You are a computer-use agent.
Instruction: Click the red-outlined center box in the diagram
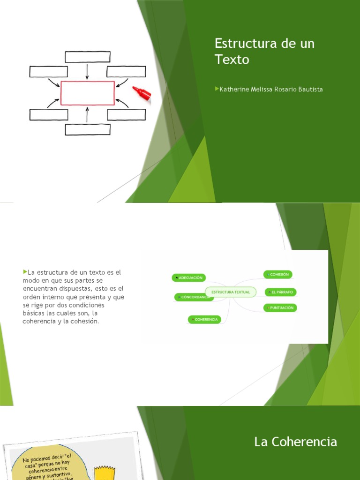pos(88,93)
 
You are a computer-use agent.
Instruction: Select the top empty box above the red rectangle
pos(88,57)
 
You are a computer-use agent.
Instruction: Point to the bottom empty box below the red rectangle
pos(88,129)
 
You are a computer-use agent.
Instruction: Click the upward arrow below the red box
pos(88,115)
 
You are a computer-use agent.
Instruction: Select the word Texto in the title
pos(232,60)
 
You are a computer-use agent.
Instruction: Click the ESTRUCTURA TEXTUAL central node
pos(231,292)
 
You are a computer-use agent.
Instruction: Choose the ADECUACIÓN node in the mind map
pos(189,277)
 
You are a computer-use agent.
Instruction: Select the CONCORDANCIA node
pos(193,297)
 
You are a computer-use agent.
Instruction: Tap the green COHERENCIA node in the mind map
pos(204,319)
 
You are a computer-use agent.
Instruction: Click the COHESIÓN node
pos(278,274)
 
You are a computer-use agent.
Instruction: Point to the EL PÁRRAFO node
pos(281,292)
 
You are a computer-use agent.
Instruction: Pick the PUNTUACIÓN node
pos(280,308)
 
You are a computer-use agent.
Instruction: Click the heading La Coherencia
pos(295,442)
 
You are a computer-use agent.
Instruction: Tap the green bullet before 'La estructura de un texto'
pos(24,271)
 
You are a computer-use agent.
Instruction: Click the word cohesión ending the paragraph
pos(84,321)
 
